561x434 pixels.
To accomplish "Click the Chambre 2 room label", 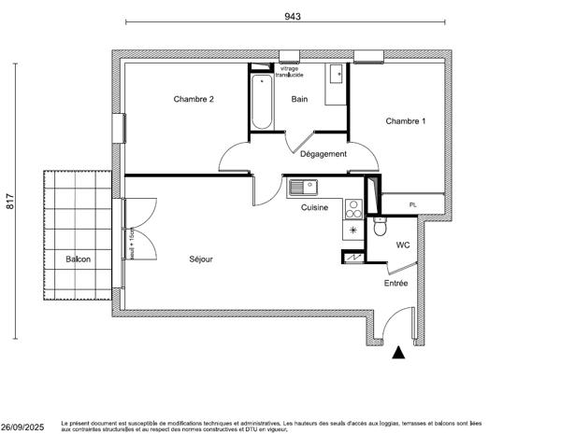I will click(194, 99).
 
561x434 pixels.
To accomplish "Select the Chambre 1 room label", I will click(406, 120).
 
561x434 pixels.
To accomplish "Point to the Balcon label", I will click(79, 259).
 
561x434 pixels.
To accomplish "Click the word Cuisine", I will click(314, 207).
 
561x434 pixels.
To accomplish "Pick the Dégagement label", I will click(324, 154).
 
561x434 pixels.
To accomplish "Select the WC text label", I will click(403, 245).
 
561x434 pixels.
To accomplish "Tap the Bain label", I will click(300, 99).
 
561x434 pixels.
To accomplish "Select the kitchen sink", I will click(303, 187).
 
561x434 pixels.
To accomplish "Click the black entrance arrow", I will click(399, 353).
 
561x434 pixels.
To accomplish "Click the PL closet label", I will click(412, 203).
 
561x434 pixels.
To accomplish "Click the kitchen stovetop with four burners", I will click(354, 207).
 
